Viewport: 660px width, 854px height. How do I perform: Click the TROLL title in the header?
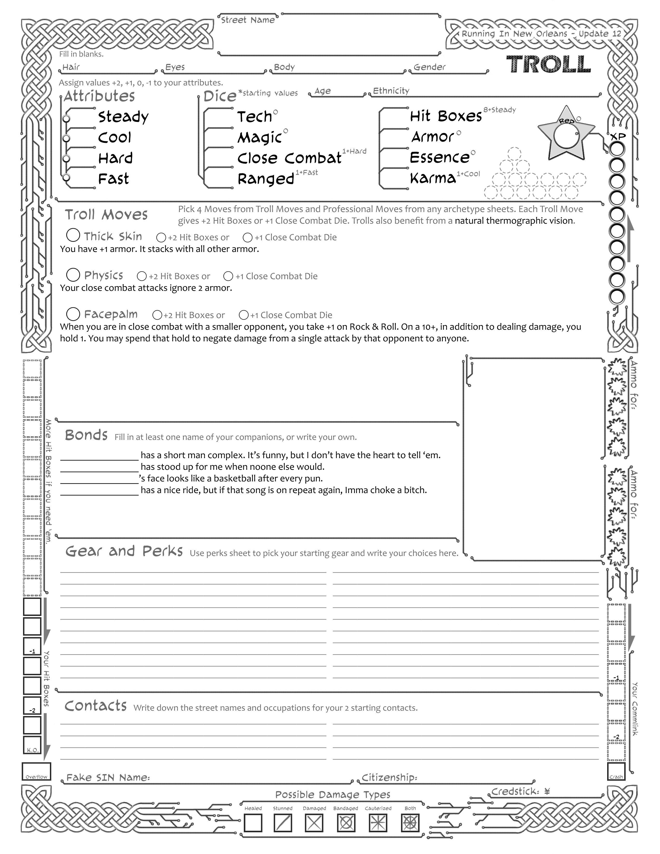[x=548, y=64]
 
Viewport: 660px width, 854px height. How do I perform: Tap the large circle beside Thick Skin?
[x=73, y=235]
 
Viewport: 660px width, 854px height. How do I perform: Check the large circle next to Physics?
[x=73, y=275]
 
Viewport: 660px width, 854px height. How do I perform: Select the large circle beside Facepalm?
[x=73, y=314]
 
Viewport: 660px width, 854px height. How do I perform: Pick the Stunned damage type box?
[x=283, y=823]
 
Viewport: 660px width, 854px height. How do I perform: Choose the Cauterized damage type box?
[x=378, y=823]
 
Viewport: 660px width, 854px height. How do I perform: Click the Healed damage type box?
[x=253, y=823]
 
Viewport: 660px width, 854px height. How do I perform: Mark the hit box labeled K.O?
[x=32, y=746]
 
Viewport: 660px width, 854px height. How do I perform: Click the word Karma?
[x=433, y=178]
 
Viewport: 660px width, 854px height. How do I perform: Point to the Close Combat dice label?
[x=289, y=158]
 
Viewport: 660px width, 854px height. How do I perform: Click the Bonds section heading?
[x=86, y=435]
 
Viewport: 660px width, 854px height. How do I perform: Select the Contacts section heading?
[x=96, y=706]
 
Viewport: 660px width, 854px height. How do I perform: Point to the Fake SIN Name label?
[x=108, y=777]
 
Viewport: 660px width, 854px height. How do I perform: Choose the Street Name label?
[x=248, y=20]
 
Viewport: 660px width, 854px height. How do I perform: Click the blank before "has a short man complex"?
[x=99, y=455]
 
